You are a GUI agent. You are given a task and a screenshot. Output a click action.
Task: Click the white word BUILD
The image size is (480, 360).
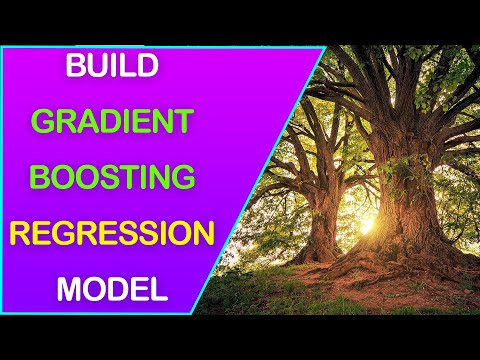[x=111, y=67]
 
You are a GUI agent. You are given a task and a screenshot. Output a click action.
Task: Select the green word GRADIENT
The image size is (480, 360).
[x=111, y=122]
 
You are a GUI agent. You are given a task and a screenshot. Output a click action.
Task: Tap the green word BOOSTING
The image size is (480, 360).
[x=111, y=178]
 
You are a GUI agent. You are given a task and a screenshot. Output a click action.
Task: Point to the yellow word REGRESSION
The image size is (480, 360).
[x=111, y=234]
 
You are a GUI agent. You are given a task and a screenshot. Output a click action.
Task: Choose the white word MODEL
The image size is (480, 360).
[x=111, y=290]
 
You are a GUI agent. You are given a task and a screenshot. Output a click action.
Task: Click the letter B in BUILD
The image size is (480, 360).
[x=75, y=67]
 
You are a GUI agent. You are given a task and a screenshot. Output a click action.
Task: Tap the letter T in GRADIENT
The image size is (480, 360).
[x=183, y=122]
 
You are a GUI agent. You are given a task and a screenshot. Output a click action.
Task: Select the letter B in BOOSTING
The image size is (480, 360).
[x=40, y=178]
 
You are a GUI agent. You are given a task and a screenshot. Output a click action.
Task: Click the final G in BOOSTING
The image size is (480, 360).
[x=181, y=178]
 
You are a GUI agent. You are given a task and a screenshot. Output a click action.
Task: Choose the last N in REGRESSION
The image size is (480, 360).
[x=203, y=234]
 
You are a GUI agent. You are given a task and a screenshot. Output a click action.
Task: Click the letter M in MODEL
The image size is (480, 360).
[x=68, y=290]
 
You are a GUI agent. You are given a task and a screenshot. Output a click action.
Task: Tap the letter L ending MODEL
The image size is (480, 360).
[x=158, y=290]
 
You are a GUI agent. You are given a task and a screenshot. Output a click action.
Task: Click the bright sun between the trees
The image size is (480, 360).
[x=363, y=222]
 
